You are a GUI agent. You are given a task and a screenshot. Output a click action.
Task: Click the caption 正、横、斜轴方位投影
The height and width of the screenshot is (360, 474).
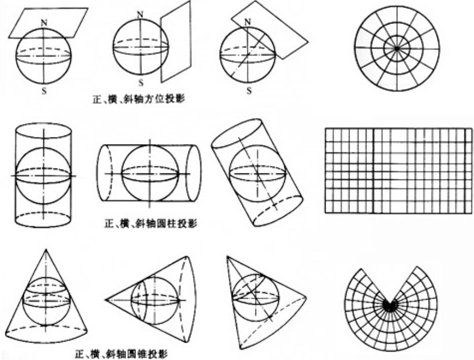pos(140,100)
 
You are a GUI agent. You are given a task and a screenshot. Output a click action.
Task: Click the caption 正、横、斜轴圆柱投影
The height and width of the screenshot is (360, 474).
pos(150,224)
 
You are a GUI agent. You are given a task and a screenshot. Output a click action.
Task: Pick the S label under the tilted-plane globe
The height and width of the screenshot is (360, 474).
pos(249,91)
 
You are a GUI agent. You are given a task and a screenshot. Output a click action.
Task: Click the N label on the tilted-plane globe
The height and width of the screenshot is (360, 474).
pos(248,22)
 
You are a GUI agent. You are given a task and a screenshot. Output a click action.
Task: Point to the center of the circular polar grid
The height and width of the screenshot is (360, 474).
pos(397,48)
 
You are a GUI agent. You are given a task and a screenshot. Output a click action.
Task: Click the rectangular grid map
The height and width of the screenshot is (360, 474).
pos(398,170)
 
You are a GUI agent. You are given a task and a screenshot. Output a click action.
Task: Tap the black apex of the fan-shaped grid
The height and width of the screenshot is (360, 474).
pos(389,305)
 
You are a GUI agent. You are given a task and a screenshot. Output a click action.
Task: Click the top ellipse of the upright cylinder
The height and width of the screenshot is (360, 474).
pos(43,131)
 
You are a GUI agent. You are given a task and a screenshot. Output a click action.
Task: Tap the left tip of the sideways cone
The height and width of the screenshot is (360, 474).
pos(107,300)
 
